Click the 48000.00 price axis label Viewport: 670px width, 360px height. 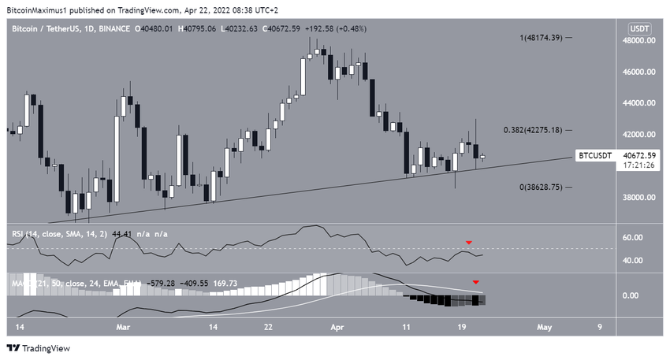pos(639,39)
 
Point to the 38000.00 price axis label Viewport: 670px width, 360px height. pos(639,198)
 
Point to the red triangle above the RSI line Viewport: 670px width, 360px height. pos(468,242)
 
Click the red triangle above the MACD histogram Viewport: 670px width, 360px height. pos(475,281)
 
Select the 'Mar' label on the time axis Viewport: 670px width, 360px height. pos(123,325)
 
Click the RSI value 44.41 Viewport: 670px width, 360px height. pos(125,233)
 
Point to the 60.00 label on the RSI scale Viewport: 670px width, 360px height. pos(635,237)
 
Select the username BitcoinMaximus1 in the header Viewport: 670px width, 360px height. pos(39,10)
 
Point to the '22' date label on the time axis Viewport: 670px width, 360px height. pos(269,325)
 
